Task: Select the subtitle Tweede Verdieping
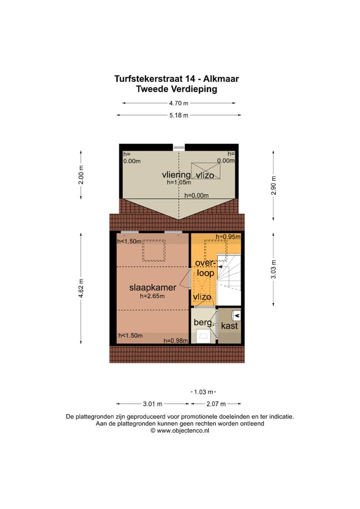coord(176,89)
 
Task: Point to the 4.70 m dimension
coord(178,103)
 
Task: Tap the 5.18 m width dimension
coord(178,115)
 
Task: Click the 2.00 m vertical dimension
coord(81,175)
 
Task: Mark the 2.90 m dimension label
coord(273,185)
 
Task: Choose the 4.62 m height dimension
coord(81,288)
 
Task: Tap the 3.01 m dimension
coord(152,404)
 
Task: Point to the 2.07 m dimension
coord(216,404)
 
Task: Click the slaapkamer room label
coord(152,287)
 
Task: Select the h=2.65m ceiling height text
coord(152,296)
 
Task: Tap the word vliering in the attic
coord(176,174)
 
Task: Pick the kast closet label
coord(229,325)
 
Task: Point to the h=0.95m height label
coord(228,236)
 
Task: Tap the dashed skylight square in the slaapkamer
coord(154,250)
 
